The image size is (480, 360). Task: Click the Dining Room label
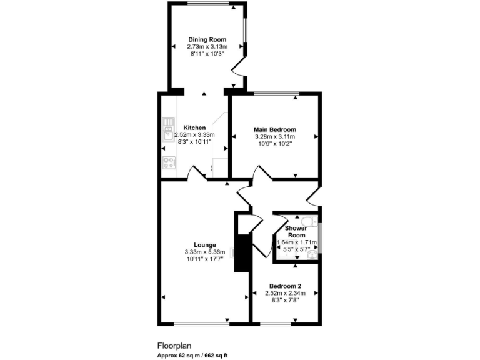[x=207, y=40]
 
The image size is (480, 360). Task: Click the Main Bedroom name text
[x=274, y=129]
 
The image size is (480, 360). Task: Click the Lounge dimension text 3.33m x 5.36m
[x=205, y=252]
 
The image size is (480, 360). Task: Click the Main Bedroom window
[x=276, y=94]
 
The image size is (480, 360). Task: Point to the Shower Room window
[x=319, y=237]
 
